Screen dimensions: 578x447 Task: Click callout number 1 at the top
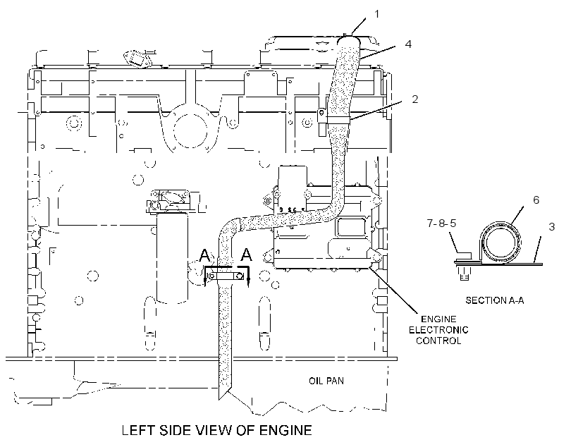(376, 14)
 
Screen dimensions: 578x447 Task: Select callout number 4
(407, 44)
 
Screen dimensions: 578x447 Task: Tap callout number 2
(415, 99)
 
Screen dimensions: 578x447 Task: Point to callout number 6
(536, 200)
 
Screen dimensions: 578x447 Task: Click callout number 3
(552, 226)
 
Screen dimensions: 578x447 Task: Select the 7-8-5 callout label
(442, 223)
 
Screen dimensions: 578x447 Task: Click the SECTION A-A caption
(494, 300)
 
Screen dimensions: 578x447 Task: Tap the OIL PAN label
(326, 381)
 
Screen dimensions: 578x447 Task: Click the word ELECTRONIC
(438, 330)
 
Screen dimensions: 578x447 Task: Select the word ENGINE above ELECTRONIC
(438, 319)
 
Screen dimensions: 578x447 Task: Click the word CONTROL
(438, 341)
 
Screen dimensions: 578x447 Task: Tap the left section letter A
(205, 255)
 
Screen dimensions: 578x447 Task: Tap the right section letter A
(246, 255)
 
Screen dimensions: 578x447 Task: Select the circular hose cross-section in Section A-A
(500, 244)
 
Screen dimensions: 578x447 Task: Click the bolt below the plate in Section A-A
(465, 272)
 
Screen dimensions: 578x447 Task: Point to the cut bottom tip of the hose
(220, 399)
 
